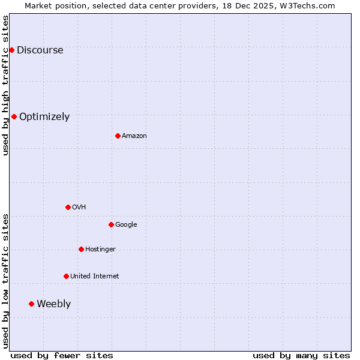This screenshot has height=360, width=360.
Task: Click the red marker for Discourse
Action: pyautogui.click(x=11, y=50)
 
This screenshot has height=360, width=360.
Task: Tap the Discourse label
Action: pyautogui.click(x=40, y=50)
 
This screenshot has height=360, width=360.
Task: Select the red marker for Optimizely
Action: pyautogui.click(x=14, y=116)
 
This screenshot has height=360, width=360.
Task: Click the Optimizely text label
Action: pyautogui.click(x=44, y=117)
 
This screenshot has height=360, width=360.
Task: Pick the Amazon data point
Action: pyautogui.click(x=118, y=136)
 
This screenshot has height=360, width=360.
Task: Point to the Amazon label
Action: pyautogui.click(x=134, y=136)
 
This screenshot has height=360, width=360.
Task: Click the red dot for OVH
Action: pyautogui.click(x=68, y=207)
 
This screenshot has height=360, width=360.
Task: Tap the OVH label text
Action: pyautogui.click(x=79, y=208)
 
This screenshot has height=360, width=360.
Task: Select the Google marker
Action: pyautogui.click(x=111, y=224)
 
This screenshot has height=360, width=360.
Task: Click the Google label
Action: pyautogui.click(x=126, y=225)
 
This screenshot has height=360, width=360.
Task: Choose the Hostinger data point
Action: pyautogui.click(x=81, y=249)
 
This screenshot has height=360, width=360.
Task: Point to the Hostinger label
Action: pyautogui.click(x=100, y=250)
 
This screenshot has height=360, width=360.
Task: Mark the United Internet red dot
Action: pyautogui.click(x=66, y=276)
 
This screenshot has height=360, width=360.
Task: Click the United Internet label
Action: pyautogui.click(x=94, y=277)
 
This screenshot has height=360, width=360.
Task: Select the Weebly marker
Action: pyautogui.click(x=31, y=304)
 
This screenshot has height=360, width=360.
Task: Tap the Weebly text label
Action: pyautogui.click(x=53, y=304)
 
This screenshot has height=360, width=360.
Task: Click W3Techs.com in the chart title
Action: pyautogui.click(x=306, y=6)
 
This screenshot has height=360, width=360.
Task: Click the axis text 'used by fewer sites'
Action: pyautogui.click(x=62, y=355)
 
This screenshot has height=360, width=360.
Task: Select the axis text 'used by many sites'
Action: pyautogui.click(x=301, y=355)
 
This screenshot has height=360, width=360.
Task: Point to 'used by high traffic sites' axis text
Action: pyautogui.click(x=6, y=85)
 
